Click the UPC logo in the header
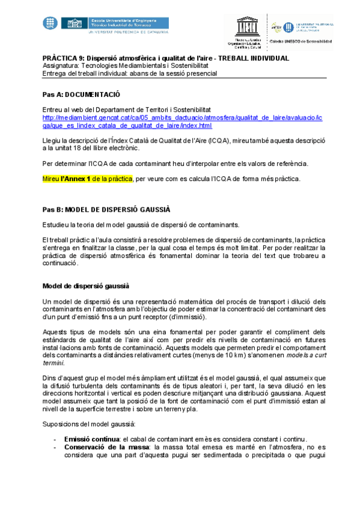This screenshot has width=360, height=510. pos(50,24)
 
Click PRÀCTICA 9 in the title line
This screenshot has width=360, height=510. pos(64,58)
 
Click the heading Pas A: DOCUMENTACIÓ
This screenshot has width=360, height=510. pos(81,94)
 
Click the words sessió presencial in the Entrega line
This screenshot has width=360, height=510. pos(191,73)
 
